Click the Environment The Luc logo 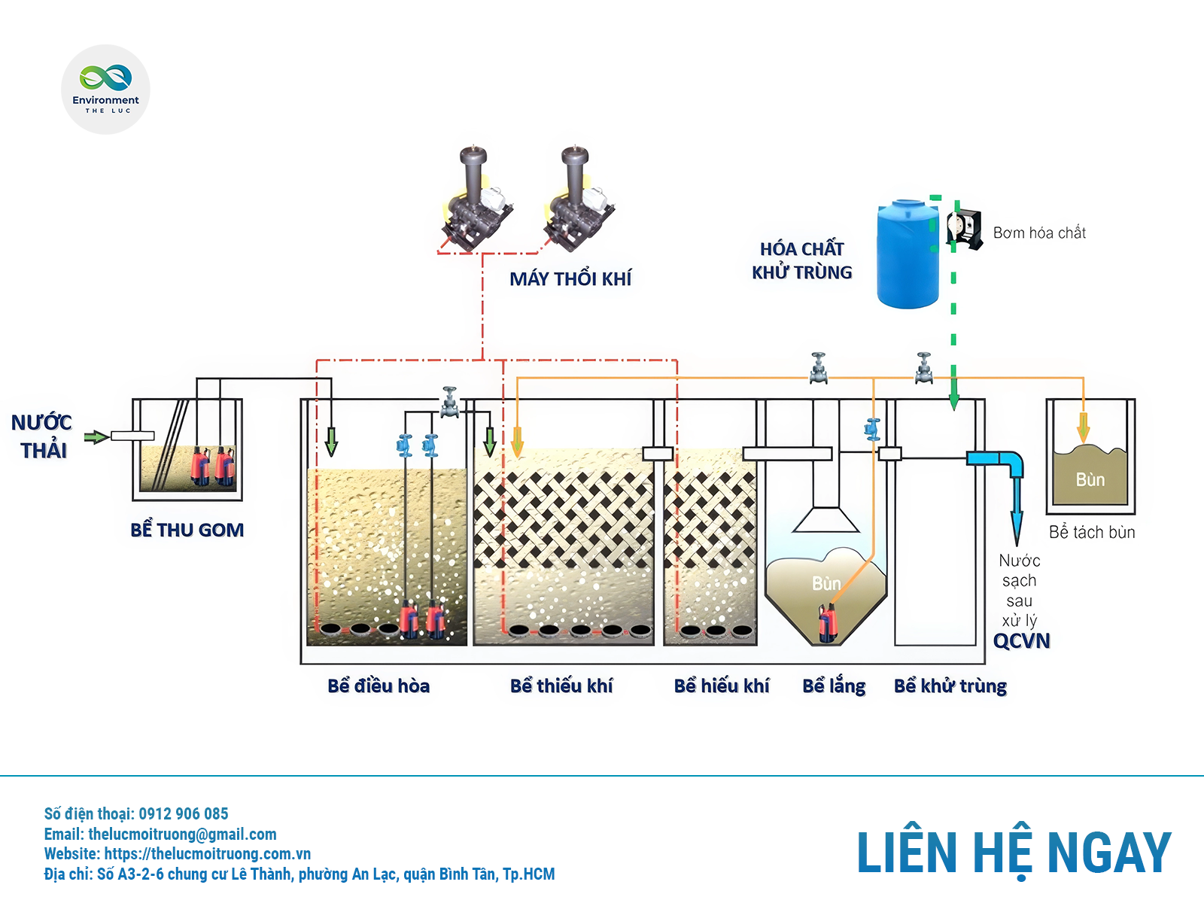coord(105,89)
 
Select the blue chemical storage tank coord(908,254)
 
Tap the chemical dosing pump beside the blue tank coord(965,229)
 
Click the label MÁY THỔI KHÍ coord(570,279)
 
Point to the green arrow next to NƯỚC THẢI coord(96,436)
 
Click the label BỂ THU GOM coord(187,531)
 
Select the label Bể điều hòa coord(379,686)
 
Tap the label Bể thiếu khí coord(561,686)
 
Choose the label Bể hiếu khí coord(722,686)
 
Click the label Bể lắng coord(834,686)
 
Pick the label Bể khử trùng coord(950,686)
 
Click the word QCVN coord(1021,641)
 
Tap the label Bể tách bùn coord(1092,533)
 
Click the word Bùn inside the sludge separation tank coord(1090,480)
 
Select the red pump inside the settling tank coord(829,625)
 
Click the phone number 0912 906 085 coord(184,814)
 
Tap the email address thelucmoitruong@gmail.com coord(182,835)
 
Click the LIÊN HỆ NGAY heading coord(1014,853)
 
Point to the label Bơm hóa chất coord(1039,233)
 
